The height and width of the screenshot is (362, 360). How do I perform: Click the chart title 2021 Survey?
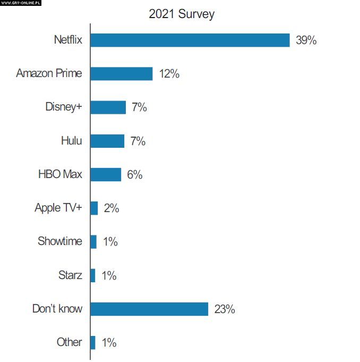click(182, 14)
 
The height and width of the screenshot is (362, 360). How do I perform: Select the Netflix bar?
click(190, 40)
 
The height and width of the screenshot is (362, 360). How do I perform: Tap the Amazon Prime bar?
click(121, 73)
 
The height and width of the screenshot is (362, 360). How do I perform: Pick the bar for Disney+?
click(108, 107)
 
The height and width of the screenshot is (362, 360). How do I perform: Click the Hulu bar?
click(107, 141)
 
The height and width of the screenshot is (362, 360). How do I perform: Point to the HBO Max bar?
click(106, 174)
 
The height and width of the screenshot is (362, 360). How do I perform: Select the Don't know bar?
click(149, 309)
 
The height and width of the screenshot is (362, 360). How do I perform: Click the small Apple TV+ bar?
click(94, 208)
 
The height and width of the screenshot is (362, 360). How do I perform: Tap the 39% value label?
click(306, 40)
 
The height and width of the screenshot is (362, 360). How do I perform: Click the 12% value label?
click(169, 74)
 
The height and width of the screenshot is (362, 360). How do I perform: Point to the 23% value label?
click(224, 309)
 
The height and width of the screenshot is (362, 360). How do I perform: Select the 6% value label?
click(134, 175)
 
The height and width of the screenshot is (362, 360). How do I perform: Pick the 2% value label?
click(111, 208)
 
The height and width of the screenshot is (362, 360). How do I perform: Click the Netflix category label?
click(68, 40)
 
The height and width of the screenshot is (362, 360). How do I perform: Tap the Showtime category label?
click(59, 241)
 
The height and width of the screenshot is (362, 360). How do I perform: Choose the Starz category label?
click(70, 275)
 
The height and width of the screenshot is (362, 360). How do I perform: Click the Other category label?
click(69, 342)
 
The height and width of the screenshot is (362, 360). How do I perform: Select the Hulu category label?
click(71, 141)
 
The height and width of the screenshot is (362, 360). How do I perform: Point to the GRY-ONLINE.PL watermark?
click(20, 3)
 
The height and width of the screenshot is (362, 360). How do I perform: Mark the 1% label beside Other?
click(108, 343)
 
